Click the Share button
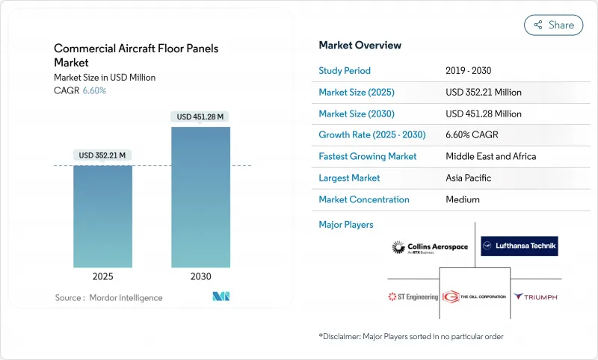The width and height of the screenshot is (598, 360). tap(553, 25)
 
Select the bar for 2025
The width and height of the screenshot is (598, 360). tap(102, 216)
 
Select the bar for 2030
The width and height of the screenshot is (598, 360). tap(200, 197)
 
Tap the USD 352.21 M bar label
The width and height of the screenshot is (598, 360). tap(102, 155)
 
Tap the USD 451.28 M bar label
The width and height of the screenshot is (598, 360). tap(200, 117)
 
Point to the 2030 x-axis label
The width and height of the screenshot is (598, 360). tap(200, 276)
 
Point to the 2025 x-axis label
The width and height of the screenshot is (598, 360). tap(102, 276)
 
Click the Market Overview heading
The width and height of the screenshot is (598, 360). tap(360, 45)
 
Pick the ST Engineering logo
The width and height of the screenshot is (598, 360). tap(413, 297)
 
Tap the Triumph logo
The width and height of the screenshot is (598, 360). tap(535, 297)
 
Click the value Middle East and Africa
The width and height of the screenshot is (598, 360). tap(490, 157)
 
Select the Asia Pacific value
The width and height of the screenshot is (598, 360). tap(469, 178)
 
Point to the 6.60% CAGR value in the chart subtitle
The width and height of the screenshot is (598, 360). tap(93, 91)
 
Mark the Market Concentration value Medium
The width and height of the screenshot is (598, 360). tap(462, 199)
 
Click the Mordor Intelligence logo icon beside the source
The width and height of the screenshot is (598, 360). tap(221, 297)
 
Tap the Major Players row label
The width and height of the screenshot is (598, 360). tap(346, 224)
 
